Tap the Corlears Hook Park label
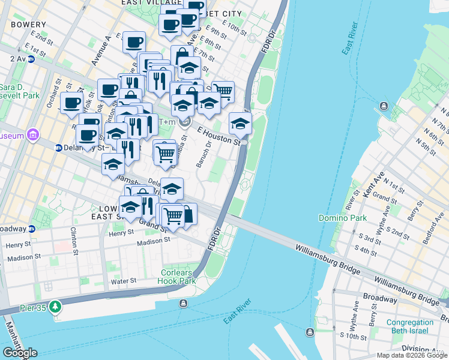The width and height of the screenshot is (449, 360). pyautogui.click(x=178, y=277)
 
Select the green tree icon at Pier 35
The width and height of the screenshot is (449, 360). pyautogui.click(x=56, y=307)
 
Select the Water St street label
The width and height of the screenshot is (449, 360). pyautogui.click(x=124, y=281)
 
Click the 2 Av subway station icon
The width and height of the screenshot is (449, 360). pyautogui.click(x=30, y=59)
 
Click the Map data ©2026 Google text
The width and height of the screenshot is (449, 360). pyautogui.click(x=412, y=355)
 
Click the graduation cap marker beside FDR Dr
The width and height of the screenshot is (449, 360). pyautogui.click(x=240, y=124)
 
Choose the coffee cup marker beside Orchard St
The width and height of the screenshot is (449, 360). pyautogui.click(x=71, y=102)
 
